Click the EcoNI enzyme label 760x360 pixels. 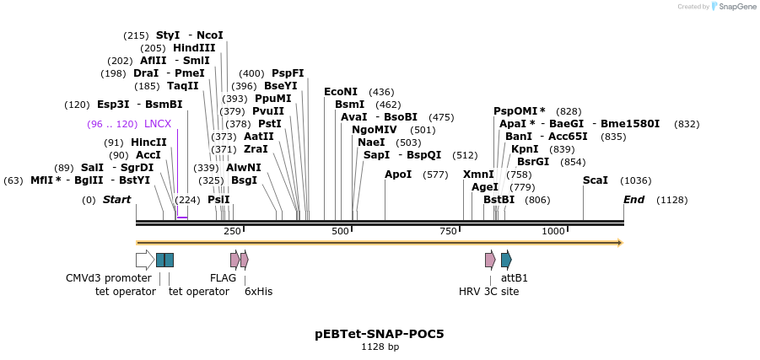click(341, 92)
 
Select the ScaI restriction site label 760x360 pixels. click(596, 180)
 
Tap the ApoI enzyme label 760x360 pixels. click(398, 175)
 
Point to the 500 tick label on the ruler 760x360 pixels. click(340, 231)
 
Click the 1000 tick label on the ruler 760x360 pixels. click(553, 231)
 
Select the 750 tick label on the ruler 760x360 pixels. click(448, 231)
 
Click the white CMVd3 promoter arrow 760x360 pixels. click(144, 260)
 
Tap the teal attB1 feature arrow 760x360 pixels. click(506, 260)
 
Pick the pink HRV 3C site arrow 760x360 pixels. click(490, 260)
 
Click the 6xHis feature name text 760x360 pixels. click(258, 292)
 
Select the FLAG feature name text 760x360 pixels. click(223, 278)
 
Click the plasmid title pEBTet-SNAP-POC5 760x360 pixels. click(380, 334)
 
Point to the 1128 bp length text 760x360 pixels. click(380, 347)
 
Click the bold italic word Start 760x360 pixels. click(117, 200)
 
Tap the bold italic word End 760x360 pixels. click(633, 200)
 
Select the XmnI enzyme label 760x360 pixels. click(478, 175)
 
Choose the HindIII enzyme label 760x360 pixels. click(194, 48)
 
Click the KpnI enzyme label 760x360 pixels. click(525, 149)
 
